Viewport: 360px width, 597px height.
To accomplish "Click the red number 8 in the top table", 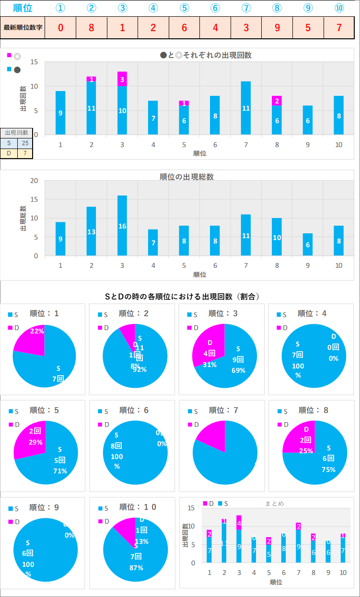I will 92,27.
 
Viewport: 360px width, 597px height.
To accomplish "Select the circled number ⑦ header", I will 246,8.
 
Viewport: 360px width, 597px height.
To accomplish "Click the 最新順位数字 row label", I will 23,27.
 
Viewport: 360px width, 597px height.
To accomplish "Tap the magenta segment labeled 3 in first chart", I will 122,79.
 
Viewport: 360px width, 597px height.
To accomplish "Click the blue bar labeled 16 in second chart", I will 122,226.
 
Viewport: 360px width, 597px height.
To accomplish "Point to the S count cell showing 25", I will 25,143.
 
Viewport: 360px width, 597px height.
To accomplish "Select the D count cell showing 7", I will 25,153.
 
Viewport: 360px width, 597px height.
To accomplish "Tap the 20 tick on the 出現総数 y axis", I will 34,181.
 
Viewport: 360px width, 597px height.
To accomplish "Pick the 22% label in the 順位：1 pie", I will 37,331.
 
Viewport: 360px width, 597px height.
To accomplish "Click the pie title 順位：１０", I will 138,507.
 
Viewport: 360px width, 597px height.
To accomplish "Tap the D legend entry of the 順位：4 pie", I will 282,328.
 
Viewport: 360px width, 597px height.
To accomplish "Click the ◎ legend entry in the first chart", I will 17,56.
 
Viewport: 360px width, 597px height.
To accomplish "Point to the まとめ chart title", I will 274,504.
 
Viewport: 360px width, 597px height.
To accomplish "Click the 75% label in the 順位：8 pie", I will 328,470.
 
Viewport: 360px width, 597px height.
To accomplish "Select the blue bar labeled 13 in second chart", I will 92,231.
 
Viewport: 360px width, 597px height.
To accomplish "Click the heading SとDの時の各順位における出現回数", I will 182,297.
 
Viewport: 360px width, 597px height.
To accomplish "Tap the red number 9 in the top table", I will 277,27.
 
